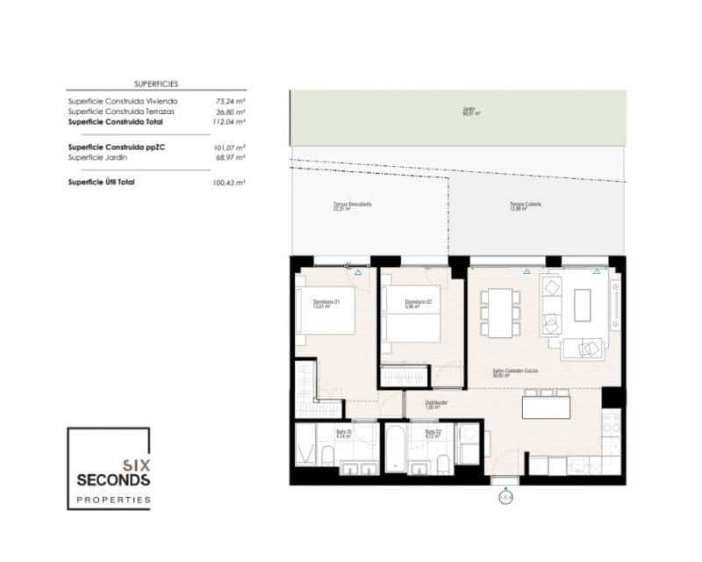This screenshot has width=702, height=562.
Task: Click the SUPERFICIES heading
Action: pyautogui.click(x=156, y=83)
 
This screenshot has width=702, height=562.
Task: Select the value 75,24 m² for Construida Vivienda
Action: pyautogui.click(x=230, y=101)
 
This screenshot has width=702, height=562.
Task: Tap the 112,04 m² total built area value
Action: pyautogui.click(x=230, y=122)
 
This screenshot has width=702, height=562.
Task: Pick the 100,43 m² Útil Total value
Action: pyautogui.click(x=230, y=182)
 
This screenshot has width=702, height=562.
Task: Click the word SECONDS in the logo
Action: pyautogui.click(x=113, y=480)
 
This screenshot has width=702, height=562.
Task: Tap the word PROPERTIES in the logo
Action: pyautogui.click(x=113, y=499)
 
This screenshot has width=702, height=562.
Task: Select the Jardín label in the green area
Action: pyautogui.click(x=469, y=111)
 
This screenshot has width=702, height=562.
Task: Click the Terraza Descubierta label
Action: pyautogui.click(x=352, y=205)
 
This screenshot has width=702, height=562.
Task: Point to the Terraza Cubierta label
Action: pyautogui.click(x=525, y=205)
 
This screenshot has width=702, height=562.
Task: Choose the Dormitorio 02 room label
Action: pyautogui.click(x=418, y=304)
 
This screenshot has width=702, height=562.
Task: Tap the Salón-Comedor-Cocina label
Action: pyautogui.click(x=514, y=371)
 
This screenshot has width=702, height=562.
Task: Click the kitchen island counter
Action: pyautogui.click(x=546, y=407)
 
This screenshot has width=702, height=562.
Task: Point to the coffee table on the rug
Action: pyautogui.click(x=583, y=306)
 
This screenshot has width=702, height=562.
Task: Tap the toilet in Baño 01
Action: pyautogui.click(x=327, y=455)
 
